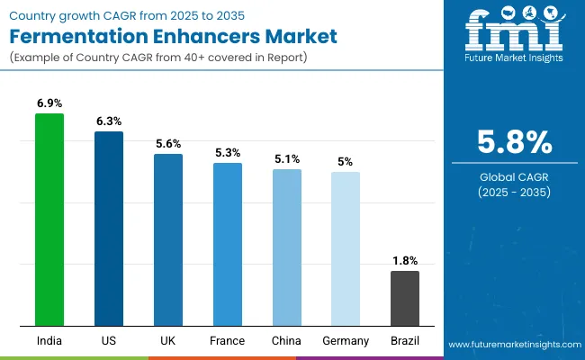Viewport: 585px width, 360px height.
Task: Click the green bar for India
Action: pos(49,220)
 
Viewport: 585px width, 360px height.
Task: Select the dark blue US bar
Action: pos(109,229)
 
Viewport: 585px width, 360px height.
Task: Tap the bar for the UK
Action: pos(167,239)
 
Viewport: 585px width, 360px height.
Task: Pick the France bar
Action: pos(227,244)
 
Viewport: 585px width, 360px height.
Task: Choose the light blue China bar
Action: pos(286,247)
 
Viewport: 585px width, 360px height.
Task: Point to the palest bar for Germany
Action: pos(346,248)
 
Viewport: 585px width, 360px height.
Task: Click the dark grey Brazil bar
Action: pos(404,298)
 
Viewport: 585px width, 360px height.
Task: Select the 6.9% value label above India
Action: pos(49,104)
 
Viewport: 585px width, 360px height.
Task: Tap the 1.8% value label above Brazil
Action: pos(404,261)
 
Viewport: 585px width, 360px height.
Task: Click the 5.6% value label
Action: pos(167,144)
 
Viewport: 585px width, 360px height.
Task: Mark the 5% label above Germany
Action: pos(346,162)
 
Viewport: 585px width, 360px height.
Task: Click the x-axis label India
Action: pos(49,341)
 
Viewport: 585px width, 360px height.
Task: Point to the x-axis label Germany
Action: pos(346,341)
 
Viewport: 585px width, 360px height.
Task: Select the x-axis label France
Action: pos(227,341)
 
